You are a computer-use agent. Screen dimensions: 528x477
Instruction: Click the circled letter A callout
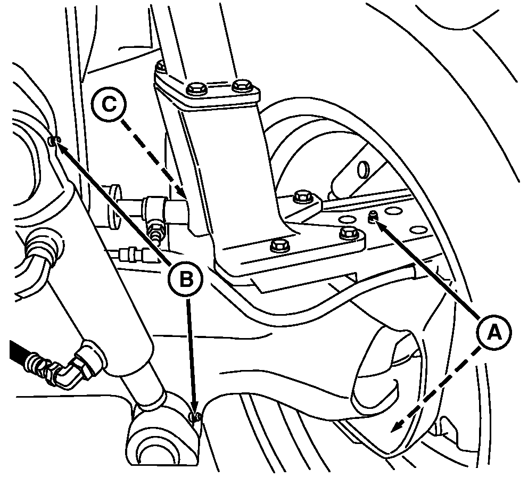(x=493, y=333)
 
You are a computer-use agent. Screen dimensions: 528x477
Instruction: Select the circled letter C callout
(x=109, y=104)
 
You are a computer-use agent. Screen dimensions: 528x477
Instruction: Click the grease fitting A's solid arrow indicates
(x=373, y=217)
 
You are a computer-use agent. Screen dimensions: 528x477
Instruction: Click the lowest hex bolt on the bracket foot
(x=280, y=245)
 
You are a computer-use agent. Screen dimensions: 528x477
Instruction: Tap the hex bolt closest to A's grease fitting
(x=349, y=233)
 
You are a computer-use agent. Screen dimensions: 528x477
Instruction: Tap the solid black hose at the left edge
(x=20, y=355)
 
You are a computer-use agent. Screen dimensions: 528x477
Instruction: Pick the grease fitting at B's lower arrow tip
(x=195, y=417)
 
